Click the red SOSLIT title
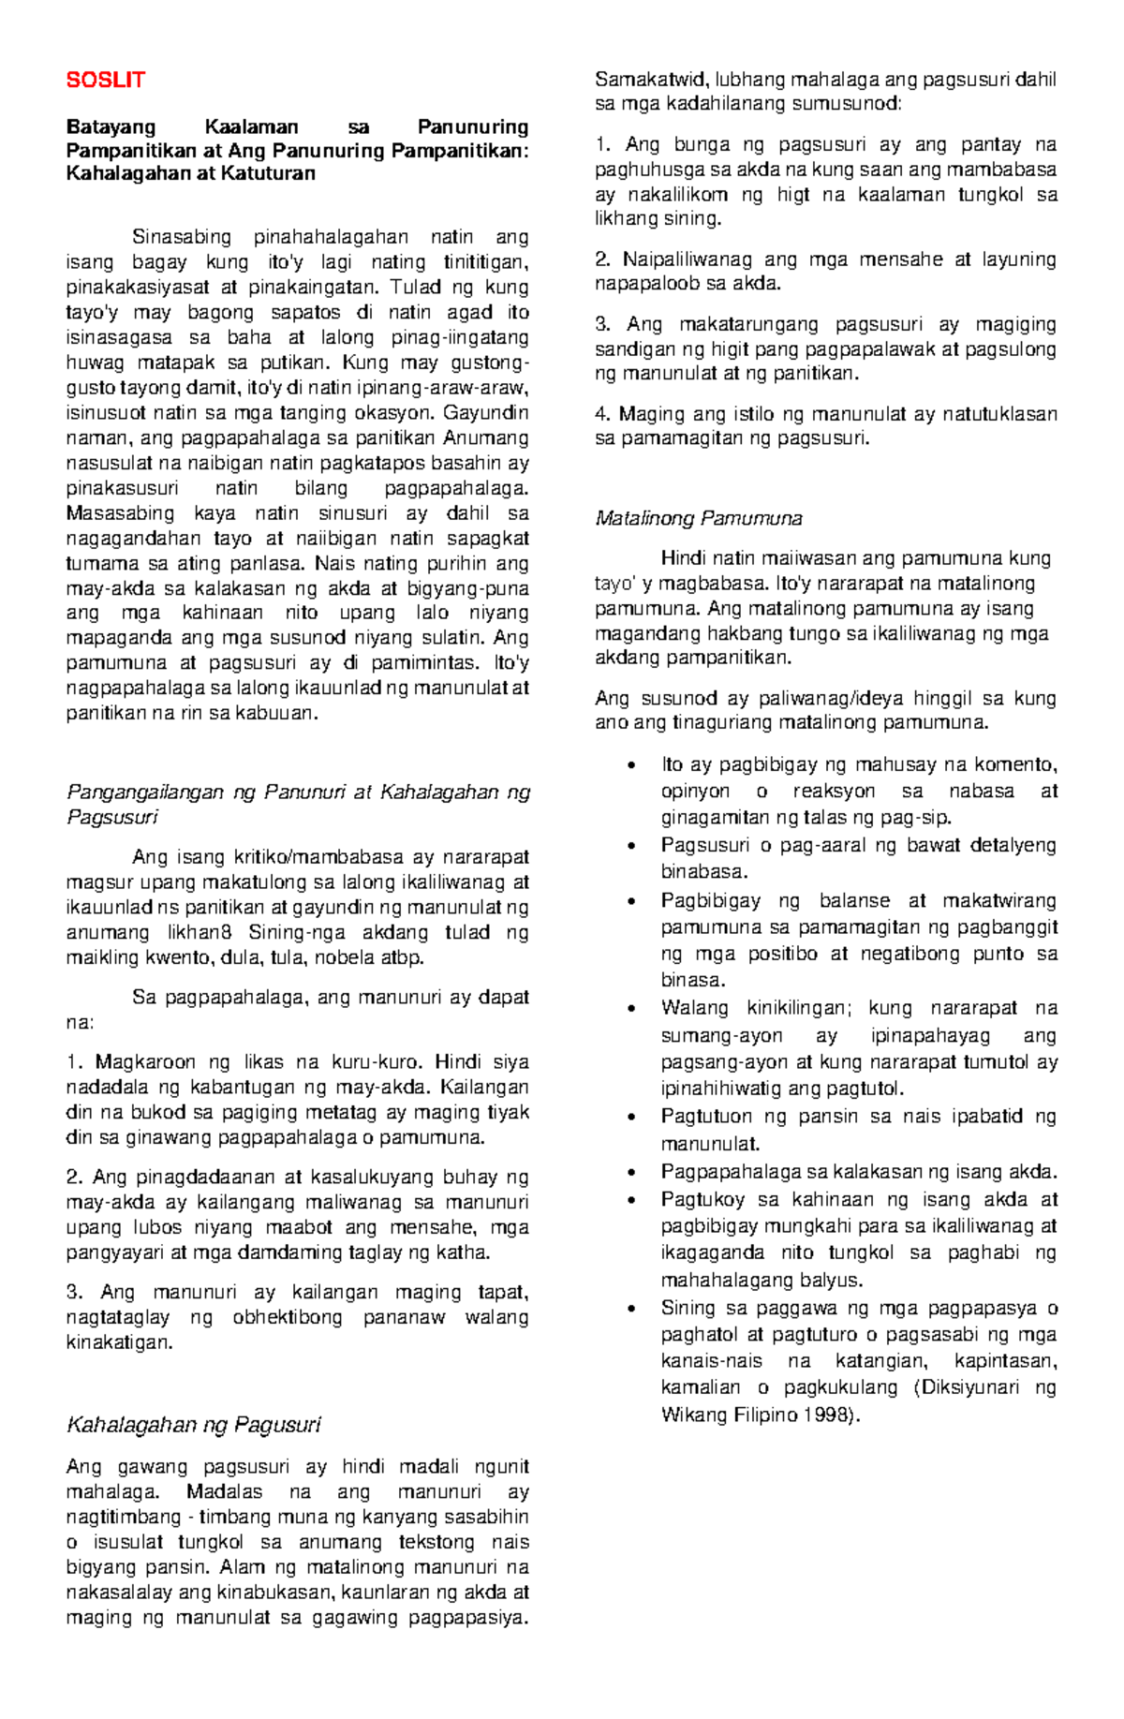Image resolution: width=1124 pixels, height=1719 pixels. click(105, 81)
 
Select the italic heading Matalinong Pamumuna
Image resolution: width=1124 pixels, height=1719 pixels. click(699, 518)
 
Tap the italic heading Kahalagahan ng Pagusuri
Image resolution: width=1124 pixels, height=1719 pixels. click(193, 1425)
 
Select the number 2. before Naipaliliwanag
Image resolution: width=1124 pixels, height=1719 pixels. click(602, 259)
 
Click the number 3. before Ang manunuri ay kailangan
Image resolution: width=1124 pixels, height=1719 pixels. click(74, 1293)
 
